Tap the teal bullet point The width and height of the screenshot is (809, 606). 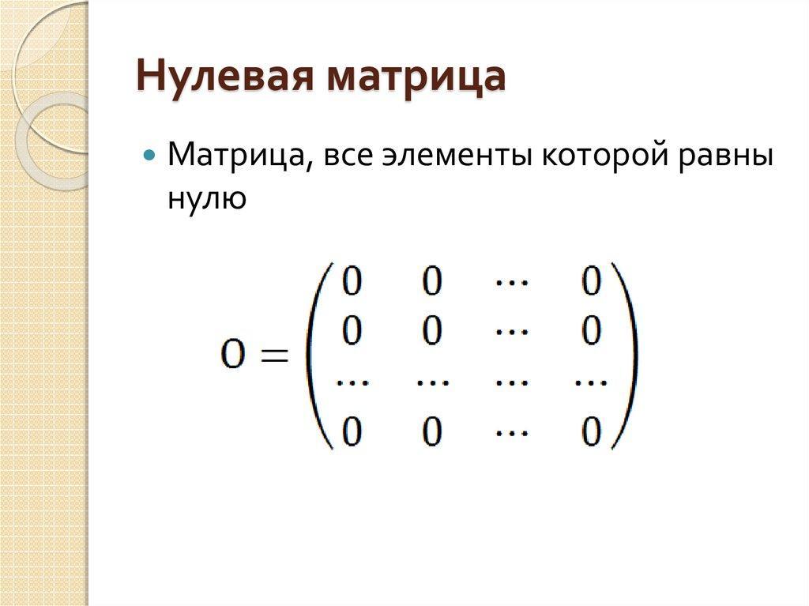pos(149,154)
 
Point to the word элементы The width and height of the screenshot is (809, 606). pos(457,155)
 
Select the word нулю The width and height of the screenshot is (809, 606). pos(207,198)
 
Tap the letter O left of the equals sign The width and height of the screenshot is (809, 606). pos(232,355)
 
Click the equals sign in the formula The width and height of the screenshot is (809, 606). pos(274,355)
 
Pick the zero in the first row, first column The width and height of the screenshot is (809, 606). pos(352,280)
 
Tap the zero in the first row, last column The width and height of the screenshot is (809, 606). pos(591,280)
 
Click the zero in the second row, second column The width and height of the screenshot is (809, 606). pos(432,330)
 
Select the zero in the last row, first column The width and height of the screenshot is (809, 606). pos(352,431)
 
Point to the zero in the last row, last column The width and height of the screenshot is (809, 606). pos(591,431)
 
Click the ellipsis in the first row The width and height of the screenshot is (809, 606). pos(512,282)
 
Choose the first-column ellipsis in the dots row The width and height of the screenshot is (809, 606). pos(352,382)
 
